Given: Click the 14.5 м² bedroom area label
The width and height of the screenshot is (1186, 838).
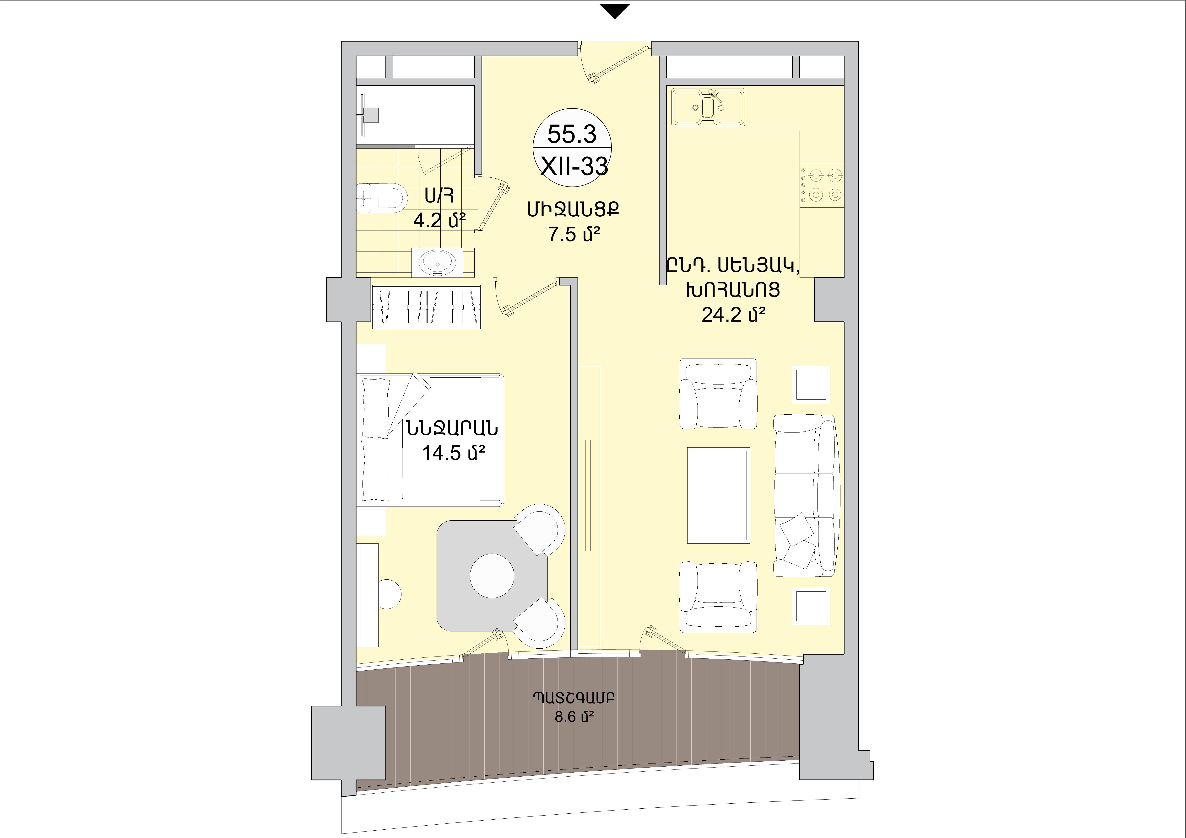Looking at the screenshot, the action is [454, 453].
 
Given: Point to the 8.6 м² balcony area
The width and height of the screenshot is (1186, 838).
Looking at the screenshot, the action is [574, 717].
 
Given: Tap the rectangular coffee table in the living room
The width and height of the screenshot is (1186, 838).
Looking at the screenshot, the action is [718, 495].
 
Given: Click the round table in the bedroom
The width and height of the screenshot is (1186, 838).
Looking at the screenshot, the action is [492, 576].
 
